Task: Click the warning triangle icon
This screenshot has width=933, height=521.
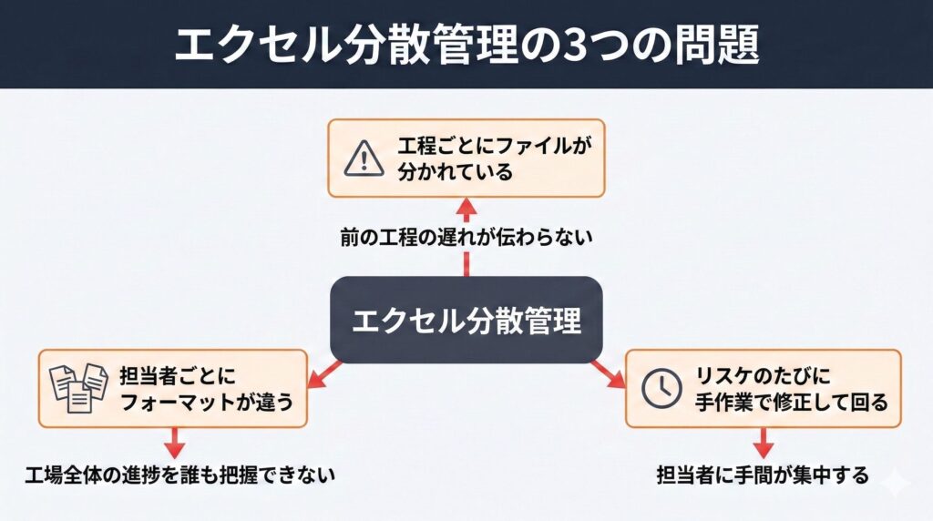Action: point(364,158)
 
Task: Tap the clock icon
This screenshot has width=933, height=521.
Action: point(661,388)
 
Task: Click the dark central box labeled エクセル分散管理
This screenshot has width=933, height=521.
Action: point(466,321)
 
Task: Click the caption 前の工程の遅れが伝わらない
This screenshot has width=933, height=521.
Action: point(466,239)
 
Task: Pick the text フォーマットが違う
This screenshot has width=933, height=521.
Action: point(208,401)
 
